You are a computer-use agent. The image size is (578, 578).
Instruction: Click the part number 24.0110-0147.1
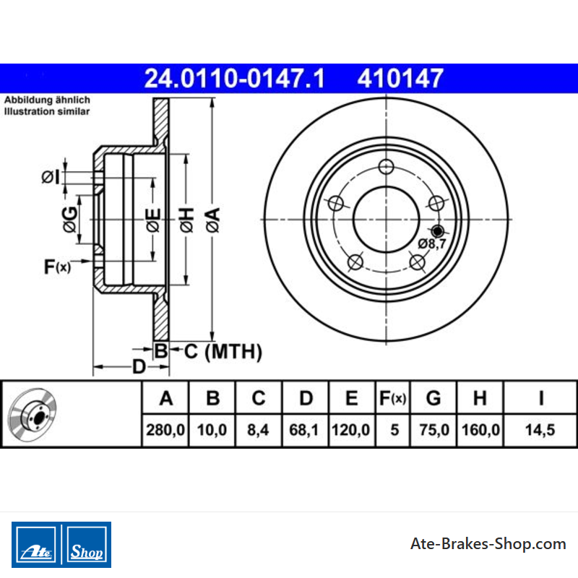click(234, 79)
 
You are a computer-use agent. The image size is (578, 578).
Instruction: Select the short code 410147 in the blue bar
click(400, 79)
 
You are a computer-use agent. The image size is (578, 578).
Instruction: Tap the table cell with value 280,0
click(165, 430)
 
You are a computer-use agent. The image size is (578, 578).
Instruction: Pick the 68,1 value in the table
click(303, 430)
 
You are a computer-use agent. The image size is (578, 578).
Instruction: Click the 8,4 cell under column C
click(258, 430)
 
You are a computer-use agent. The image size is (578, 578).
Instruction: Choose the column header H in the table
click(480, 398)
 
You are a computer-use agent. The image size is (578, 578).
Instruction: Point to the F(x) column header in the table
click(392, 398)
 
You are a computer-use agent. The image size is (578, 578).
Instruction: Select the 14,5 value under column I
click(540, 430)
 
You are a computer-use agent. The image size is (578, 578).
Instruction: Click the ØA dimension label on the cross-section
click(212, 220)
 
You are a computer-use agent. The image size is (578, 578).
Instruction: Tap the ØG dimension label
click(70, 220)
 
